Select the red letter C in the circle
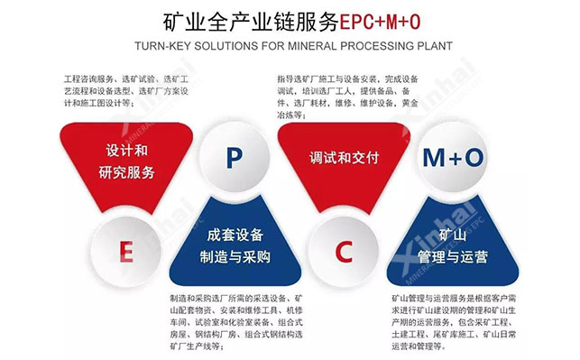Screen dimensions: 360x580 pos(344,252)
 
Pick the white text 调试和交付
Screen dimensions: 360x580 pos(343,153)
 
